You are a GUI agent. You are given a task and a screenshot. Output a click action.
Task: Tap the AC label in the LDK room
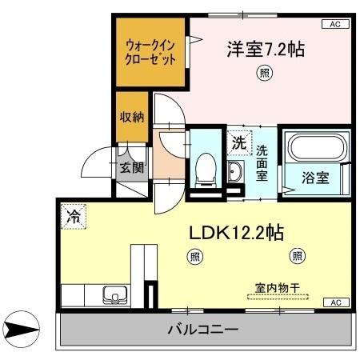coord(335,302)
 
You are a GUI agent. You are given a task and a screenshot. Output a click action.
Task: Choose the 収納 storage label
coord(132,117)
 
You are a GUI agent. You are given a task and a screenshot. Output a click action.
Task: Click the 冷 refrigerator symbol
coord(73,214)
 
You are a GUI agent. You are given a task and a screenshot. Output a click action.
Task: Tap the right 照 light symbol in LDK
coord(297,256)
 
